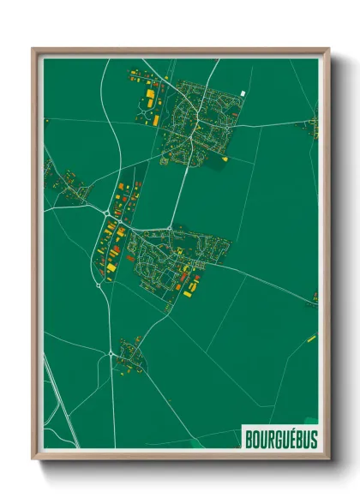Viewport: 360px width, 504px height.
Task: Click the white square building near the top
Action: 243,93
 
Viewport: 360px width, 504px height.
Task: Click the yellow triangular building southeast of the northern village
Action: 225,158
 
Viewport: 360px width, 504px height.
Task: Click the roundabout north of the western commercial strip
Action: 105,212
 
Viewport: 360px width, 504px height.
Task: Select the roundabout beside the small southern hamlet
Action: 111,353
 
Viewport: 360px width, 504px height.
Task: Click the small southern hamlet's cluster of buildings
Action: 130,353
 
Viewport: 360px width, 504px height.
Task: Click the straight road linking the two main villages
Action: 181,184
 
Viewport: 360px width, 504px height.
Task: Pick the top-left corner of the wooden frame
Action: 33,50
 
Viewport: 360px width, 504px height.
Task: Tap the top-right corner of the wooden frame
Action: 328,50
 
